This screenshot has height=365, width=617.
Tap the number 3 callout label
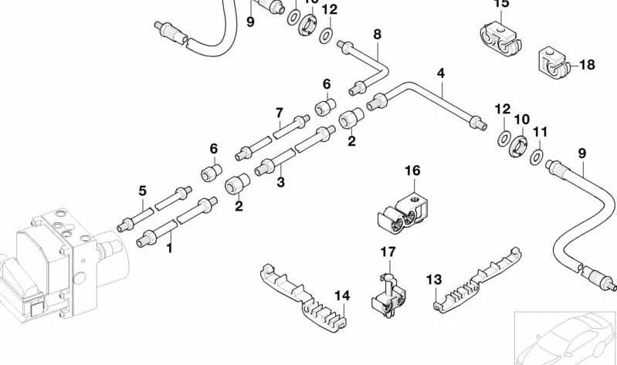[x=281, y=182]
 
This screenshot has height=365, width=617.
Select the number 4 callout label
[x=441, y=74]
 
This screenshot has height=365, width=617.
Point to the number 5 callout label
[x=142, y=191]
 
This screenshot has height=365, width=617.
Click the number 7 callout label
[x=279, y=113]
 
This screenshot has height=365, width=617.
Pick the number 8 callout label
[x=377, y=34]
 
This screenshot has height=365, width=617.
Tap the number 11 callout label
[x=540, y=132]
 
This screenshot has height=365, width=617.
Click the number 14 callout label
[x=342, y=295]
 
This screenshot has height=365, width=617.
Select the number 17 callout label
[x=387, y=252]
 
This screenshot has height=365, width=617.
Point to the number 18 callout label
[x=587, y=65]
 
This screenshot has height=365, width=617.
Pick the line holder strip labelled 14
[x=301, y=297]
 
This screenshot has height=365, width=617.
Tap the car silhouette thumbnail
[x=566, y=338]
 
